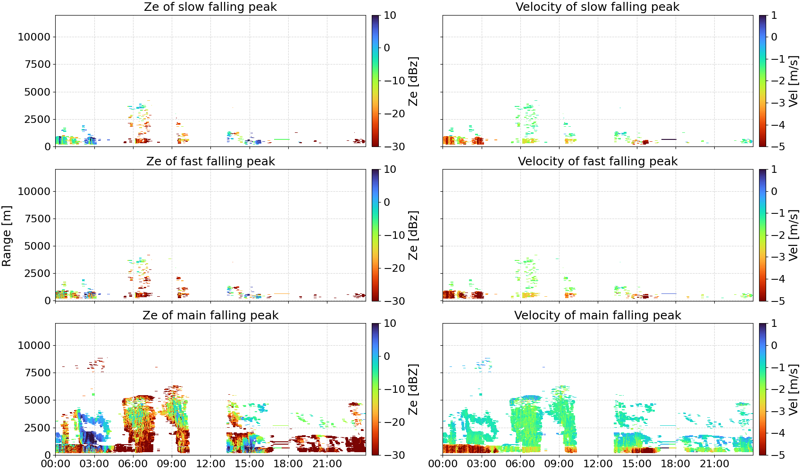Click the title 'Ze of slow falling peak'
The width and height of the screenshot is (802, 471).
tap(210, 7)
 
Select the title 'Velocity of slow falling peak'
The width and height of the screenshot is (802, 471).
tap(597, 7)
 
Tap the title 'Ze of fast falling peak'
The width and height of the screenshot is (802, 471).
tap(210, 161)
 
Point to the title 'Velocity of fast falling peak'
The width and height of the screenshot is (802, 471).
tap(597, 161)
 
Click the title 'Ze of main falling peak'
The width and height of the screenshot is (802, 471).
tap(210, 315)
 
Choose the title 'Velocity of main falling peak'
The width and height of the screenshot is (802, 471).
tap(597, 315)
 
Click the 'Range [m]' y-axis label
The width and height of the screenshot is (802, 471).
tap(7, 236)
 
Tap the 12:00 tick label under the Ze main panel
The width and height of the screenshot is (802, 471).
tap(210, 464)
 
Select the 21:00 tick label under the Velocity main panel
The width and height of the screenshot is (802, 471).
tap(714, 464)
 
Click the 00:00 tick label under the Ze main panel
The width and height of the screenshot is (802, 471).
tap(56, 464)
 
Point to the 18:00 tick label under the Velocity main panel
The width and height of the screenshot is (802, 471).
tap(676, 464)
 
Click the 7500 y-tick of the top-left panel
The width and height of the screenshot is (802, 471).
tap(38, 65)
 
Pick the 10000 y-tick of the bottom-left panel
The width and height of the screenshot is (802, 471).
tap(34, 345)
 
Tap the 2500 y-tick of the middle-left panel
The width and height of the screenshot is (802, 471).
tap(38, 273)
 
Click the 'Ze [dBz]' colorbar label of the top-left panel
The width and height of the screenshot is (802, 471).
tap(413, 81)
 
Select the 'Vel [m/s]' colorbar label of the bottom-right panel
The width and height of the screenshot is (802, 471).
tap(794, 389)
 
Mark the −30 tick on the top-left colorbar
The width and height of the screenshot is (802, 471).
tap(394, 146)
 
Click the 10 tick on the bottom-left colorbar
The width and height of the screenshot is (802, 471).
tap(390, 324)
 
